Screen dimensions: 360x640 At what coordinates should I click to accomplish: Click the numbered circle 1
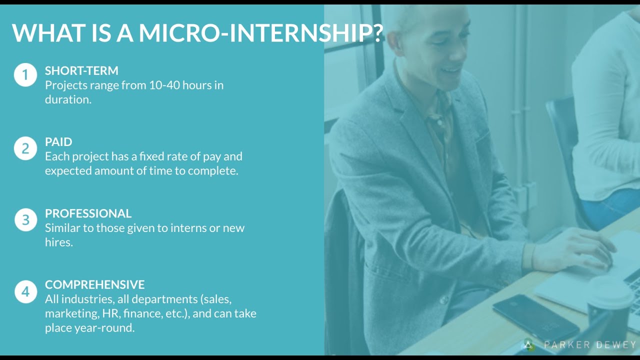25,75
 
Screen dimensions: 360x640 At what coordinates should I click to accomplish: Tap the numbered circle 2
25,148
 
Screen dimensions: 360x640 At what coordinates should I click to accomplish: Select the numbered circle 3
25,220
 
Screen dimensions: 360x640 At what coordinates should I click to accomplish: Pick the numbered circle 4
25,291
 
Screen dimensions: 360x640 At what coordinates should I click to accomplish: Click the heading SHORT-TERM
81,70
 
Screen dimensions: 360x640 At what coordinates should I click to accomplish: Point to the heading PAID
58,142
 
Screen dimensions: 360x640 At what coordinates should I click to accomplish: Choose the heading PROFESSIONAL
88,213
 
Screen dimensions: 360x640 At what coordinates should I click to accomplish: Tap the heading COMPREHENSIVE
94,285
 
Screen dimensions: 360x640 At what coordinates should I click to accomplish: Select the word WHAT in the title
43,33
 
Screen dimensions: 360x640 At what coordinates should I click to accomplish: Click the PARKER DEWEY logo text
589,345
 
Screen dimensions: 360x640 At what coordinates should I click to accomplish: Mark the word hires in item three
59,242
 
